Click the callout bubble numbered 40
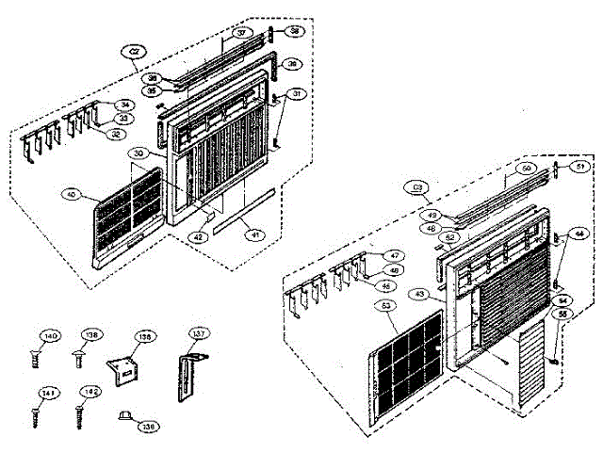[x=70, y=195]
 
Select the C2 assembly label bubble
[x=135, y=52]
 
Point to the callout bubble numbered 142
[x=90, y=392]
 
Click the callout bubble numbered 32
[x=115, y=134]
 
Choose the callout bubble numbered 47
[x=392, y=255]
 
